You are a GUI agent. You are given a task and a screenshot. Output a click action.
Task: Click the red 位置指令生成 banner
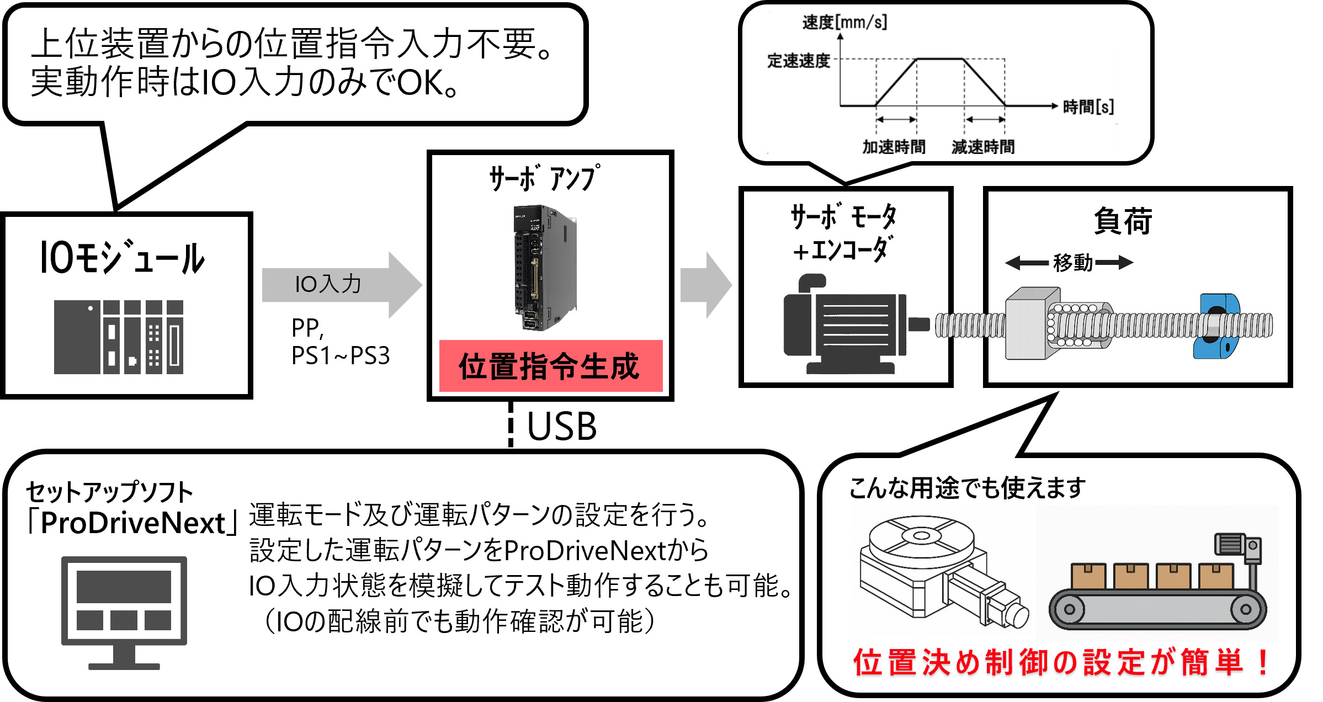pyautogui.click(x=550, y=366)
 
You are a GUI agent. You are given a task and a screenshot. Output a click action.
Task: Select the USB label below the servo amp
pyautogui.click(x=562, y=427)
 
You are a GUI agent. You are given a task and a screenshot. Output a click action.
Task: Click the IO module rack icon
pyautogui.click(x=119, y=337)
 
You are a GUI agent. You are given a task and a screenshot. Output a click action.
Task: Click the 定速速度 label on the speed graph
pyautogui.click(x=799, y=61)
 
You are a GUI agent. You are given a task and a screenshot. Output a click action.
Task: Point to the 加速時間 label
pyautogui.click(x=894, y=147)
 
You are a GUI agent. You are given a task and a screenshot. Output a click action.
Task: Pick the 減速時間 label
pyautogui.click(x=983, y=147)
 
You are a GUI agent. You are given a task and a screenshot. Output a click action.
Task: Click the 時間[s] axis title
pyautogui.click(x=1088, y=107)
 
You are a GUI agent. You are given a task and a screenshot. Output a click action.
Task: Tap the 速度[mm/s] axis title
pyautogui.click(x=844, y=23)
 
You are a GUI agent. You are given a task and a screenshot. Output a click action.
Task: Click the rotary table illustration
pyautogui.click(x=938, y=571)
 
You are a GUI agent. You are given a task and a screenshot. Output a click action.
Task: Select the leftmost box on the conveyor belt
pyautogui.click(x=1088, y=576)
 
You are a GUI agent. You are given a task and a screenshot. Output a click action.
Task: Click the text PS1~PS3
pyautogui.click(x=341, y=356)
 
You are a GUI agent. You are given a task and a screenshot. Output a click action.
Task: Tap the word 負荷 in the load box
pyautogui.click(x=1123, y=221)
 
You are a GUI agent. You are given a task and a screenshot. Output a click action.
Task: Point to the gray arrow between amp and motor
pyautogui.click(x=705, y=285)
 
